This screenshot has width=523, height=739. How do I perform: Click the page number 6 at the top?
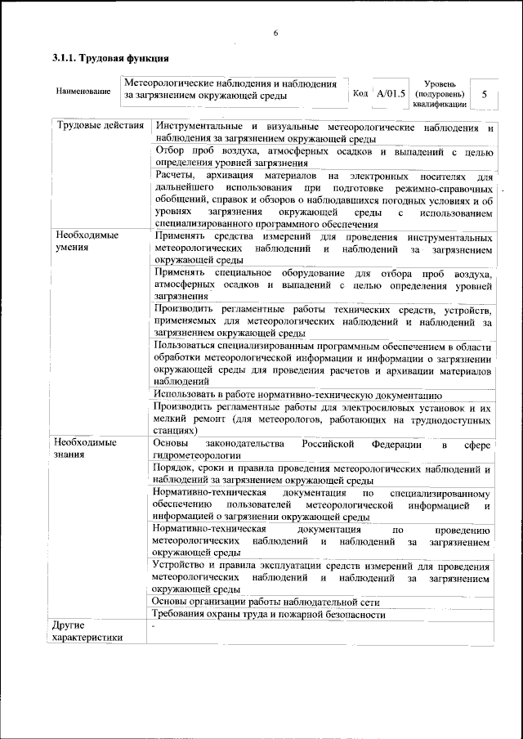point(276,33)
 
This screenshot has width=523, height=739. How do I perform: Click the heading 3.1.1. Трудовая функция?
point(110,59)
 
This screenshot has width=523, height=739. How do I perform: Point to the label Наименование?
point(83,91)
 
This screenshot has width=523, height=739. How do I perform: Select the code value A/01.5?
point(391,94)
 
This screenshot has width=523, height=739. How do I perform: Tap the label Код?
point(360,94)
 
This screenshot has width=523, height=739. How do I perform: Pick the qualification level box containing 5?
point(485,94)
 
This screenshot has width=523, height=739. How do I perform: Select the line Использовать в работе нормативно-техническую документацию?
point(297,393)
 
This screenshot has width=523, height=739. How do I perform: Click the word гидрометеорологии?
point(197,455)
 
